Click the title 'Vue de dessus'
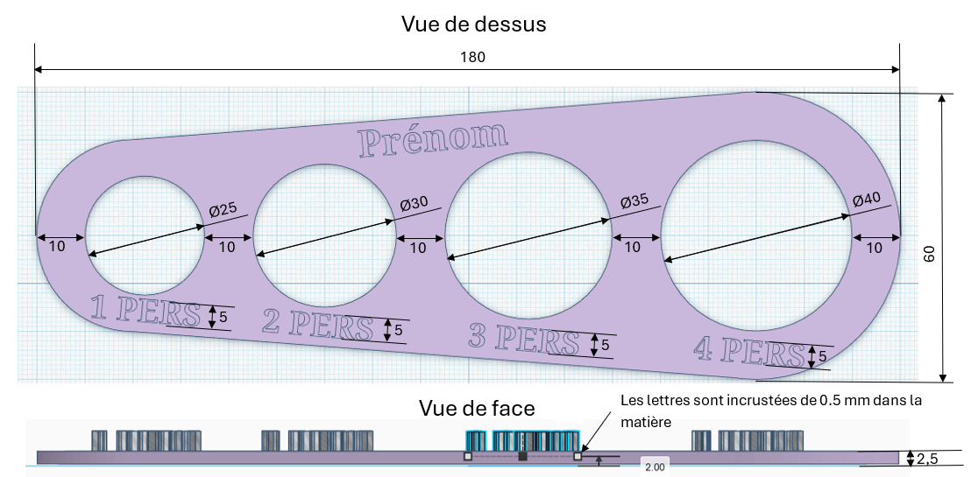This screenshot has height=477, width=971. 473,24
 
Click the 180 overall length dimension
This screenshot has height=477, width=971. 472,57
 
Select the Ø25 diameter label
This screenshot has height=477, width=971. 224,209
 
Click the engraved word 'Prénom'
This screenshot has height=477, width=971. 432,139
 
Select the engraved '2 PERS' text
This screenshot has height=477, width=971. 318,325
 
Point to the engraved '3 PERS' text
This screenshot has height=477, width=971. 525,339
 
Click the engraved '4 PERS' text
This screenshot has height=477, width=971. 749,352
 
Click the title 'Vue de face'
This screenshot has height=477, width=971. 477,408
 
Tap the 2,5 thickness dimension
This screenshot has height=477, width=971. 928,458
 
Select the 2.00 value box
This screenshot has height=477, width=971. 654,467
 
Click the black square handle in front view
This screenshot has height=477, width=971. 522,456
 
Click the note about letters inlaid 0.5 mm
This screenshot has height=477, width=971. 771,410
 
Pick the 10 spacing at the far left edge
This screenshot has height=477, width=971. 57,247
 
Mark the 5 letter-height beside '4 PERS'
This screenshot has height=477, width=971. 822,357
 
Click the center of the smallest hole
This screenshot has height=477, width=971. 145,235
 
